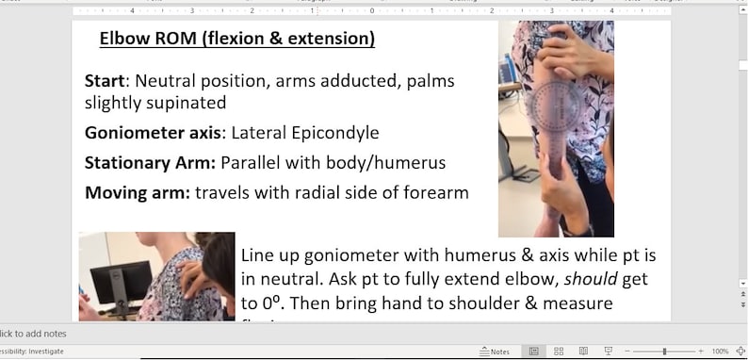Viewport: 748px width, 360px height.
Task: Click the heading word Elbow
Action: pos(122,40)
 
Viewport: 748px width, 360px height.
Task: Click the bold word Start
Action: pos(105,81)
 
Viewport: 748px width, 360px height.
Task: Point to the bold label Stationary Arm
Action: pos(150,163)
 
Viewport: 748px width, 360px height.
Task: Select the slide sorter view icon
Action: pos(559,352)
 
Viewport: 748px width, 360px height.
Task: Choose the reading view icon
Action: pos(584,352)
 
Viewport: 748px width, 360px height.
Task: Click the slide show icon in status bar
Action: pos(609,352)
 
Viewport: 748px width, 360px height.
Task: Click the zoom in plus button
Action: pos(698,352)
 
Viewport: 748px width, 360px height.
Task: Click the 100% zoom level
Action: pos(720,352)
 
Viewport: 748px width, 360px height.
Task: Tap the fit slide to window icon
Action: pos(740,352)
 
